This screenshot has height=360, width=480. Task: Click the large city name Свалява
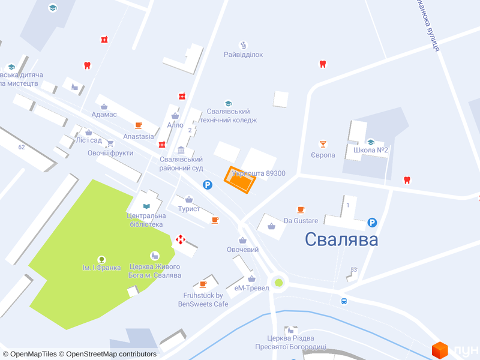click(341, 239)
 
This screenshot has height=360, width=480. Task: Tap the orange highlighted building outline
click(240, 180)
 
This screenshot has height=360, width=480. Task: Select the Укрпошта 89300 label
click(259, 173)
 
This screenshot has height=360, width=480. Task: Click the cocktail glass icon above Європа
click(323, 144)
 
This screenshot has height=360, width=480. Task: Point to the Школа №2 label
click(371, 150)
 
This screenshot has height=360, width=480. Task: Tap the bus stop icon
click(344, 301)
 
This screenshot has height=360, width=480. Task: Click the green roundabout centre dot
click(278, 282)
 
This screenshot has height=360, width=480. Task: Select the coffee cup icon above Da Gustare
click(301, 210)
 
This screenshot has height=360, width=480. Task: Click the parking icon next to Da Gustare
click(372, 223)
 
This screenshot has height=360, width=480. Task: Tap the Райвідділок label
click(244, 55)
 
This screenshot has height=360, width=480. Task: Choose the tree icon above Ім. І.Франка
click(101, 259)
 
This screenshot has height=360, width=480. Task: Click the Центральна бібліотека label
click(145, 220)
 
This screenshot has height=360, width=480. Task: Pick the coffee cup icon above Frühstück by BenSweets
click(203, 284)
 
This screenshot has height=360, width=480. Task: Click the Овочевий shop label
click(242, 250)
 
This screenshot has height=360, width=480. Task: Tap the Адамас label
click(104, 114)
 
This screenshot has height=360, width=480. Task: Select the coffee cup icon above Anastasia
click(139, 125)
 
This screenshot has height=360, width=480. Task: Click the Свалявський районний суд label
click(181, 164)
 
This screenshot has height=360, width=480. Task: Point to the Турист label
click(189, 209)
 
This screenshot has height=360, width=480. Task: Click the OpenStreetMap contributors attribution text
click(111, 354)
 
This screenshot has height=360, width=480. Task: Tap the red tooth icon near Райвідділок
click(322, 64)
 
